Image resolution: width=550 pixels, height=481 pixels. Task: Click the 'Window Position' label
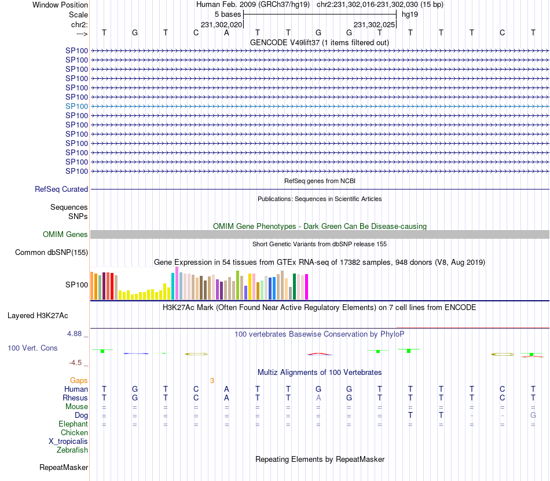click(x=60, y=5)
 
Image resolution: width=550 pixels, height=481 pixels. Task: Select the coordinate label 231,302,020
click(x=221, y=25)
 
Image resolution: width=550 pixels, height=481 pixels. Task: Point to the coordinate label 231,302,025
click(x=374, y=25)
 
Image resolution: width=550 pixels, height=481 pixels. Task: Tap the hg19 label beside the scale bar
click(x=409, y=14)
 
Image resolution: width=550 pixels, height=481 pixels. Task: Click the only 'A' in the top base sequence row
click(x=227, y=33)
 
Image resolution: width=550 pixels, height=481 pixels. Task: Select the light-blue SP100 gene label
click(x=76, y=106)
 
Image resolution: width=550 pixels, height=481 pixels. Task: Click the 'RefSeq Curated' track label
click(x=61, y=189)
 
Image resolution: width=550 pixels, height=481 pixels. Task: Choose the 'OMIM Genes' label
click(x=65, y=234)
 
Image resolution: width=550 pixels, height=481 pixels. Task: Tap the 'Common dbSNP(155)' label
click(x=52, y=252)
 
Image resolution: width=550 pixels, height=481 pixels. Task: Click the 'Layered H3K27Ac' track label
click(x=38, y=316)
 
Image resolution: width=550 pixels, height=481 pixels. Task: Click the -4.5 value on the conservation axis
click(x=75, y=363)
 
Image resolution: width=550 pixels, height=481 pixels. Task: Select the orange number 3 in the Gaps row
click(x=212, y=380)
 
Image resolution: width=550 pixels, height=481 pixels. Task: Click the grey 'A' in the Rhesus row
click(x=318, y=398)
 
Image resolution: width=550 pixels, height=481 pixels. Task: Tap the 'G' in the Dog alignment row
click(x=533, y=415)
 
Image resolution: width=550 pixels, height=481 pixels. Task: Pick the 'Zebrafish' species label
click(x=72, y=450)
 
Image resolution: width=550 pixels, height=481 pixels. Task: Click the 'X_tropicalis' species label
click(x=68, y=441)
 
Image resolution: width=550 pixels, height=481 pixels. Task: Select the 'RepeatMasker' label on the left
click(x=64, y=467)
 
